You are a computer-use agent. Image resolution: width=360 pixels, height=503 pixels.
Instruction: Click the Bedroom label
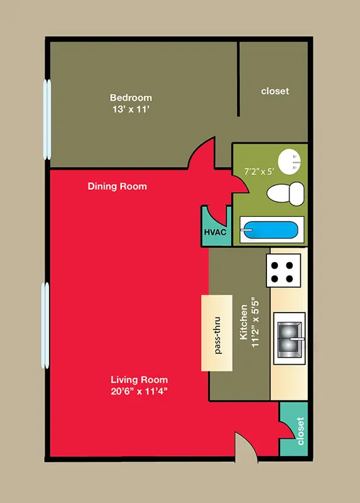tap(131, 97)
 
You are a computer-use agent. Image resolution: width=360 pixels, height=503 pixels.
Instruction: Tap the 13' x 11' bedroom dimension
tap(131, 109)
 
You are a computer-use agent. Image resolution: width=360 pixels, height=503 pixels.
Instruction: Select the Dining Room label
tap(117, 186)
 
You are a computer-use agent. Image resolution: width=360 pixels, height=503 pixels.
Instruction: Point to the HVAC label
tap(215, 232)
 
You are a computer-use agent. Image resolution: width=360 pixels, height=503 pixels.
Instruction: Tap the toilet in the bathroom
tap(285, 194)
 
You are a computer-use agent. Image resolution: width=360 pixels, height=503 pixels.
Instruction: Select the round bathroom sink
tap(289, 163)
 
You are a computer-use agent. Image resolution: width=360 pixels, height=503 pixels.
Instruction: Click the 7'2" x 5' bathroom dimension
tap(259, 172)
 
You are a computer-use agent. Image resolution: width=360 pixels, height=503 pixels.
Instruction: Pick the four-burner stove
tap(283, 270)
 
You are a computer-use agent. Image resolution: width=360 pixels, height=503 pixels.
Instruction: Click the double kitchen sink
tap(289, 338)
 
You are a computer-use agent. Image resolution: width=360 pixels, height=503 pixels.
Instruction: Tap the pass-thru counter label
tap(218, 335)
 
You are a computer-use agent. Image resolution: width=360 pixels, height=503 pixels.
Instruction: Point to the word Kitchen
tap(244, 322)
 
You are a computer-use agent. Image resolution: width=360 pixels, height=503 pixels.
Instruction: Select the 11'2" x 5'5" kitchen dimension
tap(255, 323)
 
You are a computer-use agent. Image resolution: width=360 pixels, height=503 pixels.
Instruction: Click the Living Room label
tap(139, 380)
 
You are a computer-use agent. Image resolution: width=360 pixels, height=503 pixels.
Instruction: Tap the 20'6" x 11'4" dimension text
tap(139, 391)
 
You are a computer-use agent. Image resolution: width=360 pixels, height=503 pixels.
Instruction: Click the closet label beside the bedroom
tap(275, 91)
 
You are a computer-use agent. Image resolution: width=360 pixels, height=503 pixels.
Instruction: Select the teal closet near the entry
tap(294, 429)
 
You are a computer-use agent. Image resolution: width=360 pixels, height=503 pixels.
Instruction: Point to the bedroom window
tap(47, 119)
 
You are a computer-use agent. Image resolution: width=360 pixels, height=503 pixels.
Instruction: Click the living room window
tap(45, 325)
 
